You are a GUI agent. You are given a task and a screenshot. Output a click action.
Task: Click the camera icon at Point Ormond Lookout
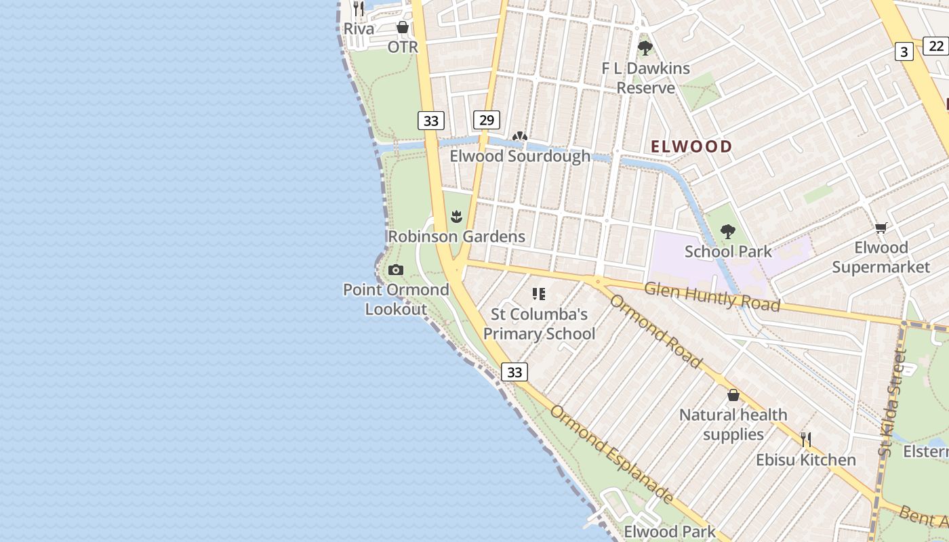[396, 270]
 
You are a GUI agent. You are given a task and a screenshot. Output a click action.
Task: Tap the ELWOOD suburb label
[691, 146]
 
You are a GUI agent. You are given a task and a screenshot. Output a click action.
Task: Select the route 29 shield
[486, 120]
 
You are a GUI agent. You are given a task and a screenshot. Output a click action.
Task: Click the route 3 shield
[904, 51]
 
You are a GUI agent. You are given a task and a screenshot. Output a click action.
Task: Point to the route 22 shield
[936, 45]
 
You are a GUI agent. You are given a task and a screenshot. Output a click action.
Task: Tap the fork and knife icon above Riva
[359, 9]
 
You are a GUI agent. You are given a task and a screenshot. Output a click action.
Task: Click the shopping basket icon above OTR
[403, 27]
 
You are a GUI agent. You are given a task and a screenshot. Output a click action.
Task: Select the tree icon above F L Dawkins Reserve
[645, 48]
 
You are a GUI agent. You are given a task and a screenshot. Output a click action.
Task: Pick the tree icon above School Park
[728, 232]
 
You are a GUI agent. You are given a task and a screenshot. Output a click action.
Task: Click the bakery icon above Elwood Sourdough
[520, 136]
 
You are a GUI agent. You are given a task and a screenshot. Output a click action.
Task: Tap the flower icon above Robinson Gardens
[456, 217]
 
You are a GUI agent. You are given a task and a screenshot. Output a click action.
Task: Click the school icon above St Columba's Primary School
[539, 294]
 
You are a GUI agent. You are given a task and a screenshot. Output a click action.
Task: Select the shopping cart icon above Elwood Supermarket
[881, 228]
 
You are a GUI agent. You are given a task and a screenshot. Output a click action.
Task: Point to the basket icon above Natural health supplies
[733, 395]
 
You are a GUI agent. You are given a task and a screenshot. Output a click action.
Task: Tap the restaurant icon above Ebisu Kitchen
[805, 440]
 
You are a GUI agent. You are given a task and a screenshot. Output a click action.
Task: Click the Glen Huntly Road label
[712, 297]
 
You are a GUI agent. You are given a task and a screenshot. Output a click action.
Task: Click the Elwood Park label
[669, 531]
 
